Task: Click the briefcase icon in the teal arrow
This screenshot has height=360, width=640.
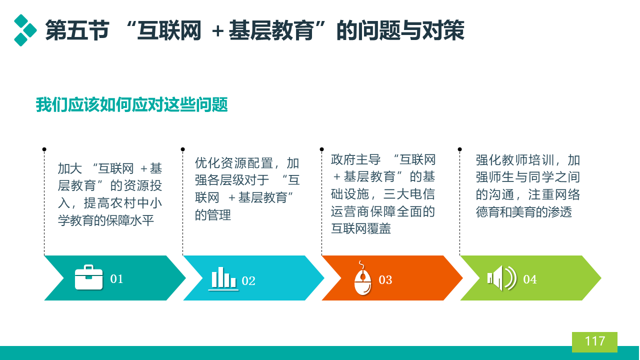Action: [88, 277]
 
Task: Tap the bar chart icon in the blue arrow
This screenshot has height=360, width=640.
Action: [223, 278]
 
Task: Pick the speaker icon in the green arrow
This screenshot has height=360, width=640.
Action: [502, 278]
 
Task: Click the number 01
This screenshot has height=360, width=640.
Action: [116, 279]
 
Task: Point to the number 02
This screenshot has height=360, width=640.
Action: [248, 281]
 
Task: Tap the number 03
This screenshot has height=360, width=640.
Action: [385, 280]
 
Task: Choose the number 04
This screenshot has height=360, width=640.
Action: [530, 279]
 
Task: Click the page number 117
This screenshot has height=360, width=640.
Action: [595, 341]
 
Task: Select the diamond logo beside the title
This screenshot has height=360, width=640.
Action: [25, 30]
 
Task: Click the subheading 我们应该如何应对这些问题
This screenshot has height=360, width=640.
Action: [131, 104]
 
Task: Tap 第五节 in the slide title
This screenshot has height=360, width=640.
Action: [77, 30]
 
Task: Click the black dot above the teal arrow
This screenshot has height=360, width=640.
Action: [44, 149]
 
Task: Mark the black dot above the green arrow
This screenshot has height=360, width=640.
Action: [459, 149]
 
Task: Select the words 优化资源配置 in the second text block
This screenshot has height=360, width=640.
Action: [234, 163]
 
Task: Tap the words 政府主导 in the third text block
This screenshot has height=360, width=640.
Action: [355, 159]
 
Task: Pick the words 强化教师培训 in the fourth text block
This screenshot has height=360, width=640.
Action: [515, 160]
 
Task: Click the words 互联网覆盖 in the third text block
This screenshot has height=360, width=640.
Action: [361, 228]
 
